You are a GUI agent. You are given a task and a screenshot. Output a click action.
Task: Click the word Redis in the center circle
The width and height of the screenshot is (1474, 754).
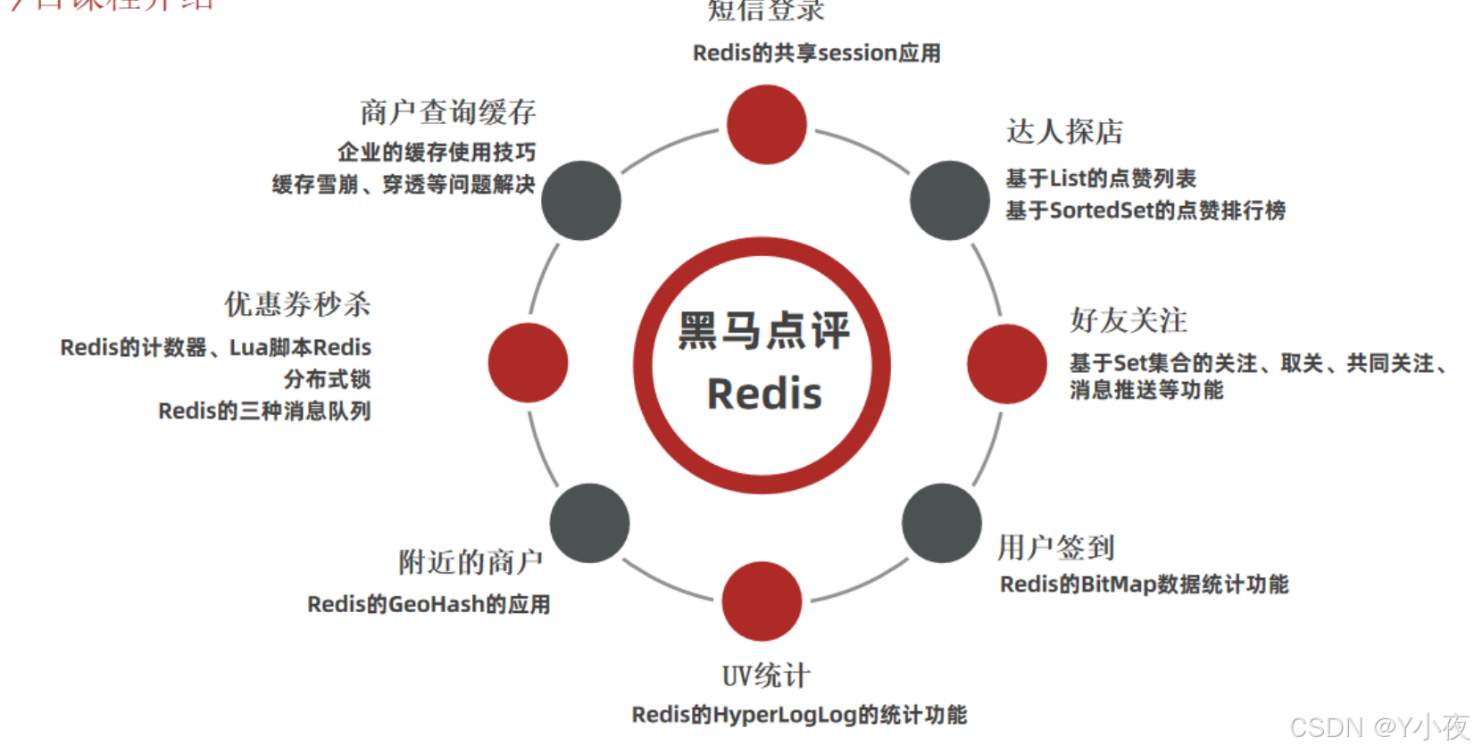point(764,394)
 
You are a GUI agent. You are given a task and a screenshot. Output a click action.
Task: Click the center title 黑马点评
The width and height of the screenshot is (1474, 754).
point(764,330)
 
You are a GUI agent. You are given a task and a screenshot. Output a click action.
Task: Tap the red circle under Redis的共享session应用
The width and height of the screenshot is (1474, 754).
point(766,125)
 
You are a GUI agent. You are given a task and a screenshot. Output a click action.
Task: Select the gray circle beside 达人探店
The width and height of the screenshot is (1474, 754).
point(949,201)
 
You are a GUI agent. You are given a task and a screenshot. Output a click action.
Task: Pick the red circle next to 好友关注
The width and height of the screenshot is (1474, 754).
point(1006,364)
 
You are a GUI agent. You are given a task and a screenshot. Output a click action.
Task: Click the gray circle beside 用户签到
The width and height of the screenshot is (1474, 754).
point(941,523)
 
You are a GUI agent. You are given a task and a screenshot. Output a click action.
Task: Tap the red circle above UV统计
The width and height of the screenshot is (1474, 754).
point(762,601)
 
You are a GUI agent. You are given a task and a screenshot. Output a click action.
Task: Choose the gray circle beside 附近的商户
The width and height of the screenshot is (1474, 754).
point(589,523)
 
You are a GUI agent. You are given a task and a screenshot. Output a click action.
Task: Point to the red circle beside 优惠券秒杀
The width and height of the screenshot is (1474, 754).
point(528,363)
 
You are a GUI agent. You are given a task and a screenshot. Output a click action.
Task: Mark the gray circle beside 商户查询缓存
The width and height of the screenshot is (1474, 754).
point(581,201)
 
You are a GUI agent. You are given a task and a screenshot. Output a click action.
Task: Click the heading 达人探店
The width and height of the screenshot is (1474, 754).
point(1064,132)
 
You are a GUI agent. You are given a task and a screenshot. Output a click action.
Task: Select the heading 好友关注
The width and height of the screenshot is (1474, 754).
point(1128,320)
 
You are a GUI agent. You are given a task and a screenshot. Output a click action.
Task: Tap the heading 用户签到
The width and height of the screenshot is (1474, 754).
point(1056,547)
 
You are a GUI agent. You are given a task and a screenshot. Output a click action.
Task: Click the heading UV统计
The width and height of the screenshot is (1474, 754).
point(766,675)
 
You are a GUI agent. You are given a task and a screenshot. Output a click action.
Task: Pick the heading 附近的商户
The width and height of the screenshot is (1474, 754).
point(471,562)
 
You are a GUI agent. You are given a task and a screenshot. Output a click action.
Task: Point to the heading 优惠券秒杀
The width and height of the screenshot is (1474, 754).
point(297,304)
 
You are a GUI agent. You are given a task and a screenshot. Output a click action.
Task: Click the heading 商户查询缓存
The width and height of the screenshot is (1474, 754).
point(447,112)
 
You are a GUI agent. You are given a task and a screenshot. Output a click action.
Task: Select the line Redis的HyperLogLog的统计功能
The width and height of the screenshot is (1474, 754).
point(799,715)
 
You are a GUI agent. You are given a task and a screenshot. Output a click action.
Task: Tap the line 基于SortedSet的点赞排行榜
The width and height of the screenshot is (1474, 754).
point(1145,211)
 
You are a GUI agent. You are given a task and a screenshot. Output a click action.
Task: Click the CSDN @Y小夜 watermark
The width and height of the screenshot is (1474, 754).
point(1379,727)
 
